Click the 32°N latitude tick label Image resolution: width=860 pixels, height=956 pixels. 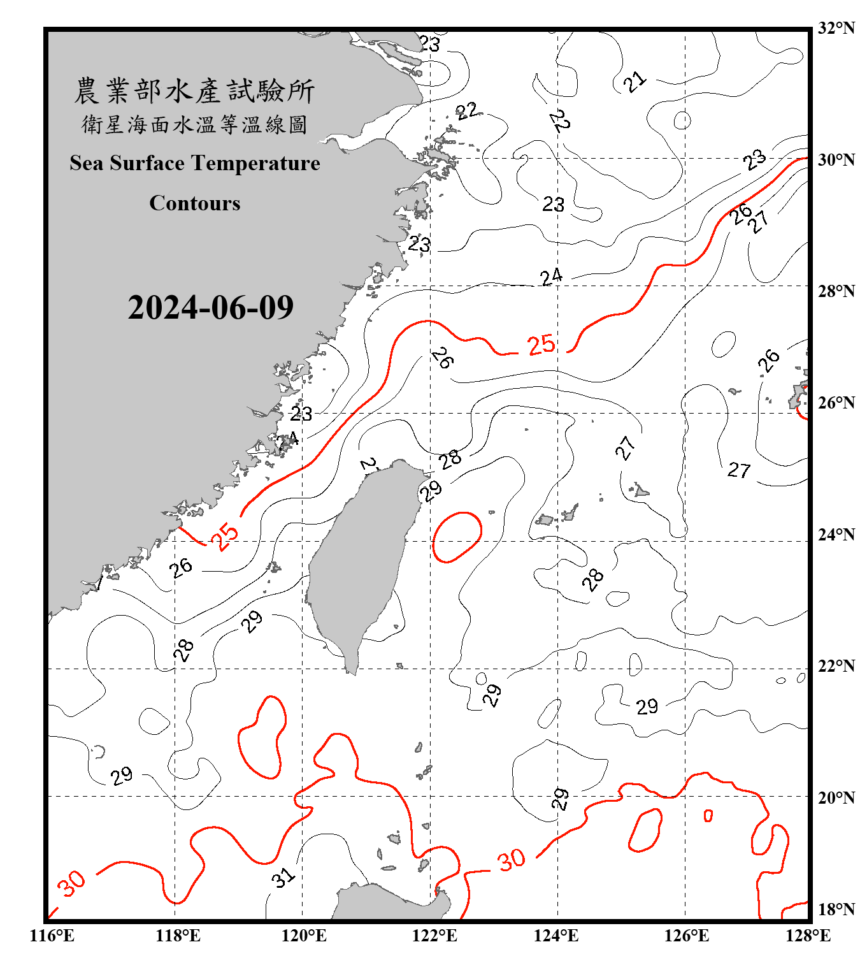836,28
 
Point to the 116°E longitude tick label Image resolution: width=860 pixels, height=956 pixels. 52,936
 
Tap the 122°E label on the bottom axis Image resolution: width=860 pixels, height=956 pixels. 434,936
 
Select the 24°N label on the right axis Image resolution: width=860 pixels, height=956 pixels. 836,535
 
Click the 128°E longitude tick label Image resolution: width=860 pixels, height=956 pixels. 808,936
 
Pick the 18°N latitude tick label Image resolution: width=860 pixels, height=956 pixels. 836,909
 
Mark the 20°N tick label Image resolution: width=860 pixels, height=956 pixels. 836,797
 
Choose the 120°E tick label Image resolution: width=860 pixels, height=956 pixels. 304,936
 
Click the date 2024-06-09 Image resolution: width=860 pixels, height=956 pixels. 210,308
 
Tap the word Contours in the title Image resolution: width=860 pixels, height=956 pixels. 195,203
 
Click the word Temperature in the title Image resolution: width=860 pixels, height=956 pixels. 255,163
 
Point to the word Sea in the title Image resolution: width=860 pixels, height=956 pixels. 87,163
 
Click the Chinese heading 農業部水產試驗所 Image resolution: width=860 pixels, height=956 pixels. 194,91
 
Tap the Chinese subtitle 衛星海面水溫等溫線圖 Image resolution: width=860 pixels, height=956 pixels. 194,124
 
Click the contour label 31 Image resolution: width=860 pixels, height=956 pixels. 283,878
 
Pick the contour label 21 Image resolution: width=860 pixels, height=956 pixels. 634,82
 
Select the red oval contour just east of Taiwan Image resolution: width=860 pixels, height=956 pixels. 457,537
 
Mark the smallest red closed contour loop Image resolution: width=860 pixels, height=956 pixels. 708,815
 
